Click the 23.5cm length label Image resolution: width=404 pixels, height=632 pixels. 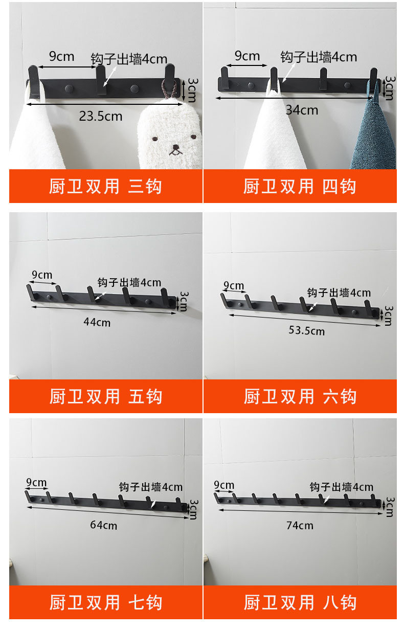click(100, 116)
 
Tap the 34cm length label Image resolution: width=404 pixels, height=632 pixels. click(302, 110)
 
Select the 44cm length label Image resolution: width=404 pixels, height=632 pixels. click(97, 322)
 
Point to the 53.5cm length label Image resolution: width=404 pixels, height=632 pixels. click(306, 330)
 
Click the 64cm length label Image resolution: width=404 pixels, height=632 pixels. click(104, 525)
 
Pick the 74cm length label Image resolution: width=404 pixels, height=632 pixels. click(300, 525)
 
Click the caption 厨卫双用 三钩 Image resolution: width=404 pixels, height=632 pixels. click(105, 186)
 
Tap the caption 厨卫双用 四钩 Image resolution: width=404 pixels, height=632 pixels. click(300, 186)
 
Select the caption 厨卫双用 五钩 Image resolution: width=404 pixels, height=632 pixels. click(105, 396)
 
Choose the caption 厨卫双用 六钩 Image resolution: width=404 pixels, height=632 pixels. click(300, 396)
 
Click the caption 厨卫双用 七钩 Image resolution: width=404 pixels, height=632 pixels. click(105, 602)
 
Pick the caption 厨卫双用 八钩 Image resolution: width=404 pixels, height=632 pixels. click(300, 602)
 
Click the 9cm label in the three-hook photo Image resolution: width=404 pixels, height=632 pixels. click(61, 56)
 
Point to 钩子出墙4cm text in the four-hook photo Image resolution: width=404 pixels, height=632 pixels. click(319, 56)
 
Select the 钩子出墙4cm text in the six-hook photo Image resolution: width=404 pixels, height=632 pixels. click(339, 292)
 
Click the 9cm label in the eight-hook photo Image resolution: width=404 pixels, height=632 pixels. click(224, 485)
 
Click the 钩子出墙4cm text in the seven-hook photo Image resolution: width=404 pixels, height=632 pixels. click(150, 487)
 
